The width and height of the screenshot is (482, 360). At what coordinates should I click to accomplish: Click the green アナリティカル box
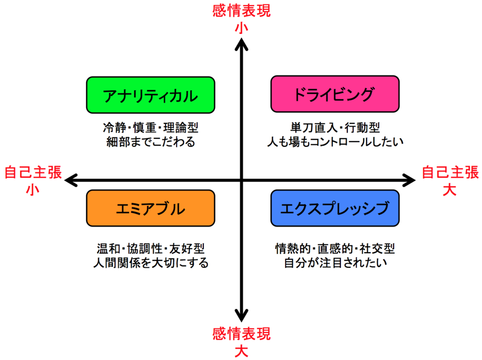tap(151, 95)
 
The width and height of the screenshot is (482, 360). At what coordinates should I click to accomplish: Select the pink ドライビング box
tap(335, 94)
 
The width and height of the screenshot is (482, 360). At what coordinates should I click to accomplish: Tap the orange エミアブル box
tap(151, 208)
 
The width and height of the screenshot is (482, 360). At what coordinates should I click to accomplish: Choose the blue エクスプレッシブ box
tap(335, 208)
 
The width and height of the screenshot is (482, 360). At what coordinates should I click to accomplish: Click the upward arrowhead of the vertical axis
tap(241, 44)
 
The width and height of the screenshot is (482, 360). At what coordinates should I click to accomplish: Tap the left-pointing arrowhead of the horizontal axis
tap(71, 180)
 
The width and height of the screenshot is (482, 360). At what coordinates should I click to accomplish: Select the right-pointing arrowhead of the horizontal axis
tap(409, 180)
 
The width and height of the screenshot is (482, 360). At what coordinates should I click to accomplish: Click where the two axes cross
tap(241, 180)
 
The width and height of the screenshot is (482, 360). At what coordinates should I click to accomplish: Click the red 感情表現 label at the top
tap(241, 11)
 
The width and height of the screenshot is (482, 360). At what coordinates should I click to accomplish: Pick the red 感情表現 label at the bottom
tap(241, 334)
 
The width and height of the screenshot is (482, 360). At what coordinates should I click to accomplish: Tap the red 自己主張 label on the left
tap(33, 172)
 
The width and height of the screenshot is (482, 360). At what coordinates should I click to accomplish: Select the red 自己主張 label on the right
tap(450, 172)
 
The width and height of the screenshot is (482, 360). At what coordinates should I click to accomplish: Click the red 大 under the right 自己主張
tap(450, 190)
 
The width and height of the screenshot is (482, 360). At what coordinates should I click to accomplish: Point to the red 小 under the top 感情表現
tap(241, 28)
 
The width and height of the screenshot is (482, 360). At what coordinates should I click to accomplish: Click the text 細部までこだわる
tap(151, 142)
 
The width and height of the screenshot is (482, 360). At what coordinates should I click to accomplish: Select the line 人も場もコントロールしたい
tap(335, 142)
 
